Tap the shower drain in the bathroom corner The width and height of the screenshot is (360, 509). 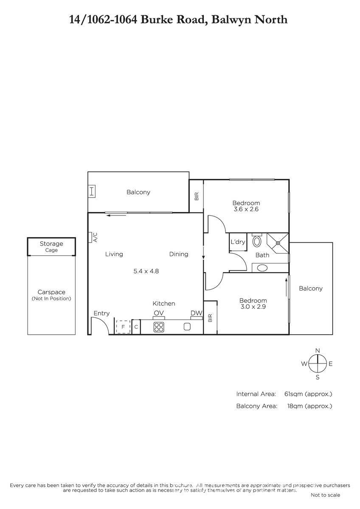click(278, 243)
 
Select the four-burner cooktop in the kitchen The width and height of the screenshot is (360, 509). click(159, 327)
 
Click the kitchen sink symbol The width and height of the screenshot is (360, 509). click(187, 327)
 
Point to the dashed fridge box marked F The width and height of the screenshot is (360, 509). click(123, 327)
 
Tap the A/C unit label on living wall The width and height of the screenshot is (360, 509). click(95, 237)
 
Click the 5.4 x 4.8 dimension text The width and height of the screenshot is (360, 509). click(146, 271)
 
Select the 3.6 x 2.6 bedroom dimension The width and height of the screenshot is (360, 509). click(246, 209)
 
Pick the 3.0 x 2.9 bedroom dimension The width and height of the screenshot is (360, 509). click(253, 307)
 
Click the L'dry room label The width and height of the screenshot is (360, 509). click(238, 242)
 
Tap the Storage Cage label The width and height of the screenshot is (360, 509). click(51, 246)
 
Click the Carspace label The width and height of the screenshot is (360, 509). click(51, 292)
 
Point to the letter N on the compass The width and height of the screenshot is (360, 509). click(318, 350)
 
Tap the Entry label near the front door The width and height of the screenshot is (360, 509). click(101, 313)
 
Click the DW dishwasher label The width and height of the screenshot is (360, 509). click(196, 313)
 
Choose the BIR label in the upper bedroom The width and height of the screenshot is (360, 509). click(197, 196)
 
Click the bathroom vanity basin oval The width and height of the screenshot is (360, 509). click(262, 268)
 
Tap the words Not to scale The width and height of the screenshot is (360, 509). click(326, 495)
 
